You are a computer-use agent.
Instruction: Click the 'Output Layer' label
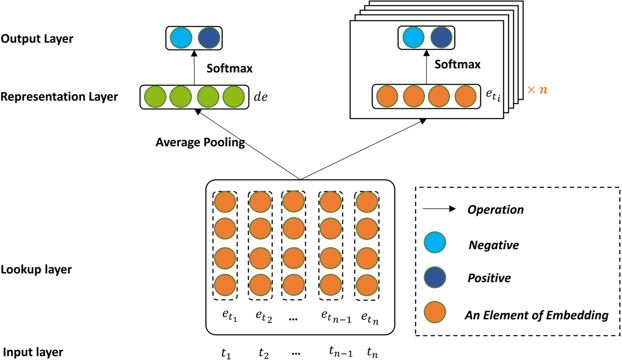pyautogui.click(x=37, y=39)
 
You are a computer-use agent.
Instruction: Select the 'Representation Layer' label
pyautogui.click(x=59, y=97)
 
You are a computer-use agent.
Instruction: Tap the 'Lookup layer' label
pyautogui.click(x=36, y=270)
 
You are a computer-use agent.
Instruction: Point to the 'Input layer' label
pyautogui.click(x=33, y=352)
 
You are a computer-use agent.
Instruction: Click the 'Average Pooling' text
pyautogui.click(x=200, y=142)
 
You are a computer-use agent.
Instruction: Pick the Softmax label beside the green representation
pyautogui.click(x=229, y=68)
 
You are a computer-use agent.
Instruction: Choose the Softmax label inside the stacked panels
pyautogui.click(x=457, y=64)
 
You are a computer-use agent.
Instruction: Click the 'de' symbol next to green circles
pyautogui.click(x=261, y=97)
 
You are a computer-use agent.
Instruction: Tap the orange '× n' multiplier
pyautogui.click(x=537, y=90)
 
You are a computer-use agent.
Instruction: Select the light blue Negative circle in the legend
pyautogui.click(x=435, y=242)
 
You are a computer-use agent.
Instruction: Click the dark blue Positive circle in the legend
pyautogui.click(x=435, y=277)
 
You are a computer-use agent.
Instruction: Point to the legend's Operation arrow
pyautogui.click(x=439, y=209)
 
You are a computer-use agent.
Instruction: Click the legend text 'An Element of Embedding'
pyautogui.click(x=537, y=315)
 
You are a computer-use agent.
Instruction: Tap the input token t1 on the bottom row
pyautogui.click(x=226, y=353)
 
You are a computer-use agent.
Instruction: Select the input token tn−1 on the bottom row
pyautogui.click(x=341, y=352)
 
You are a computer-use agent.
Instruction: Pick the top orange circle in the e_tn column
pyautogui.click(x=367, y=202)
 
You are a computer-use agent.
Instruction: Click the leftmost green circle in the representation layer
pyautogui.click(x=155, y=97)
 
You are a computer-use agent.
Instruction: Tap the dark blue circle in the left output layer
pyautogui.click(x=209, y=38)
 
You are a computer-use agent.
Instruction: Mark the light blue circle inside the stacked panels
pyautogui.click(x=413, y=37)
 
